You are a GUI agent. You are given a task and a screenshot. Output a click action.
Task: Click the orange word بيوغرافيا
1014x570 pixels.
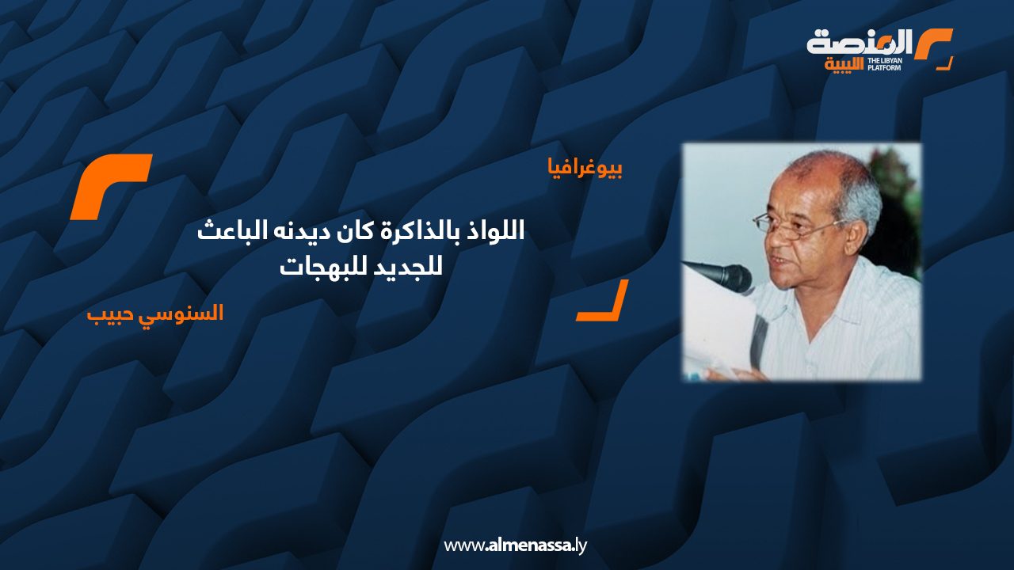tap(585, 169)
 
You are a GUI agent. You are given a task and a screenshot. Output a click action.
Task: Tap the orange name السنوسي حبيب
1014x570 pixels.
tap(155, 313)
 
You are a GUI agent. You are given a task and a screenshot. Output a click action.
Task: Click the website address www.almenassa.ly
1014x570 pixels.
tap(515, 545)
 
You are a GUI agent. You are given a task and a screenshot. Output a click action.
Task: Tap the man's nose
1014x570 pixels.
tap(775, 243)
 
